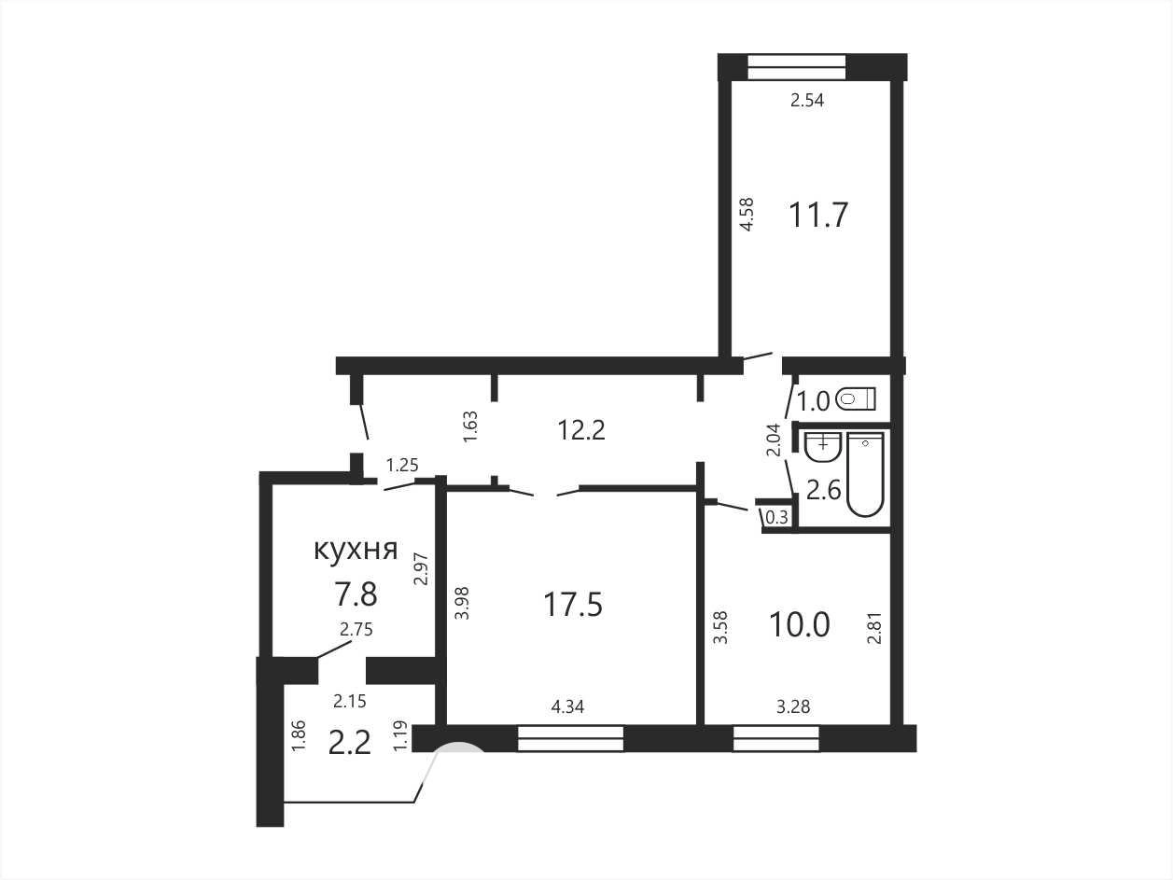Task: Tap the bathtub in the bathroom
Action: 865,475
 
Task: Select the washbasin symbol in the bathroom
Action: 823,447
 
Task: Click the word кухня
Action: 356,550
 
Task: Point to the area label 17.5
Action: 573,605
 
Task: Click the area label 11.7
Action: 818,215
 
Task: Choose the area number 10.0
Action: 800,625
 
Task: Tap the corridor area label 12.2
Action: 581,429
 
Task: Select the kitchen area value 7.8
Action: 356,594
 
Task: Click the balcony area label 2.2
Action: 350,744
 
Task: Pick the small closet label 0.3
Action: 777,517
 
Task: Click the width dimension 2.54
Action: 807,100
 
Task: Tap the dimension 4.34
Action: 567,706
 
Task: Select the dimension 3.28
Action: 793,706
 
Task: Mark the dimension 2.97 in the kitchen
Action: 422,568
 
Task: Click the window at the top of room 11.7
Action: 797,67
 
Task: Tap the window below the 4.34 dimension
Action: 571,738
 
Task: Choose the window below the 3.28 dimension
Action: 776,738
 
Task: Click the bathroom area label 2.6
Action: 823,491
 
